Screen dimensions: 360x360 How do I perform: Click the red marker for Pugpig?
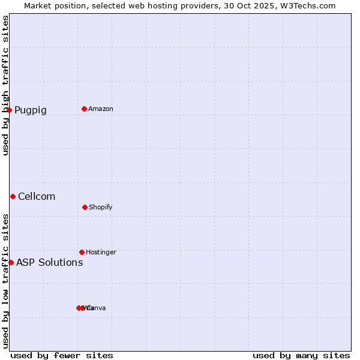[x=9, y=110]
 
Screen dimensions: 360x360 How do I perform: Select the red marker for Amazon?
[x=84, y=109]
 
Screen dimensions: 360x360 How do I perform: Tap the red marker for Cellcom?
[x=13, y=196]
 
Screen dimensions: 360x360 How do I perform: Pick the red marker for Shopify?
[x=85, y=207]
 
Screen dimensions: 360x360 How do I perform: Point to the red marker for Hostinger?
[x=82, y=252]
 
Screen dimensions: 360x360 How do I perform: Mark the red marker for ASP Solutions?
[x=11, y=262]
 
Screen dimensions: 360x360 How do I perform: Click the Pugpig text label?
[x=31, y=110]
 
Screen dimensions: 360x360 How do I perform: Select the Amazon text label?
[x=101, y=109]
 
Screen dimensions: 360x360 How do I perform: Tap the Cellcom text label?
[x=37, y=197]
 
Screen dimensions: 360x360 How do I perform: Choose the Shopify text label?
[x=101, y=208]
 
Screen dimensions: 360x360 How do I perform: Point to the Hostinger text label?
[x=101, y=253]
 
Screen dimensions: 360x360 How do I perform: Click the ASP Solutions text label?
[x=50, y=263]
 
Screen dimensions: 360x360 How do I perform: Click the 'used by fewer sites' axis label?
[x=62, y=355]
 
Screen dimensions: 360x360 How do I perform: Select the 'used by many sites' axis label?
[x=301, y=355]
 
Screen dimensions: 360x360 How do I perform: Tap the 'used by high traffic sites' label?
[x=5, y=85]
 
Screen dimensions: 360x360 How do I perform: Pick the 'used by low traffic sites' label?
[x=5, y=281]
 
